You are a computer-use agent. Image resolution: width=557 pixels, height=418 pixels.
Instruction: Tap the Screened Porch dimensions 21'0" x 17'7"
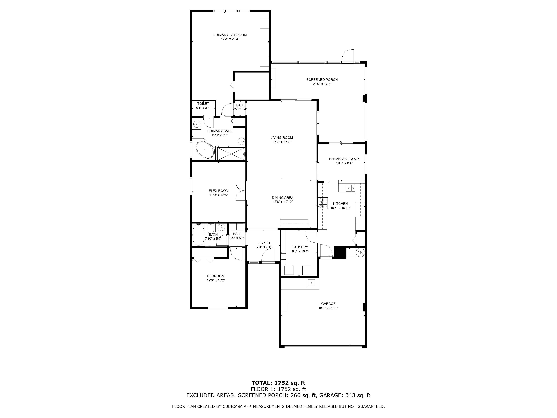[322, 84]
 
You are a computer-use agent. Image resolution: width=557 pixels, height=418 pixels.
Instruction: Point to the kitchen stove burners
[323, 203]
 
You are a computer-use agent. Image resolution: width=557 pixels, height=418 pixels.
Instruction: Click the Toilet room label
[203, 104]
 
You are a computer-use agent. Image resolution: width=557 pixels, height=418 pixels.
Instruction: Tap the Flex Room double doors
[241, 191]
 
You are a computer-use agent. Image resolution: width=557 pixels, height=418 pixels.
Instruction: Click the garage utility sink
[312, 283]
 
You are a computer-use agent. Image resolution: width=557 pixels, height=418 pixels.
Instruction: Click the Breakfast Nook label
[344, 159]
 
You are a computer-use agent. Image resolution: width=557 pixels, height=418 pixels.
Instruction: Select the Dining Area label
[283, 198]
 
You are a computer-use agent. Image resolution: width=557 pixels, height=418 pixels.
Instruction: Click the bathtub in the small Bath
[198, 235]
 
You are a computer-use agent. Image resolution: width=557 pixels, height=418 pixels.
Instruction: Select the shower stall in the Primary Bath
[231, 154]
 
